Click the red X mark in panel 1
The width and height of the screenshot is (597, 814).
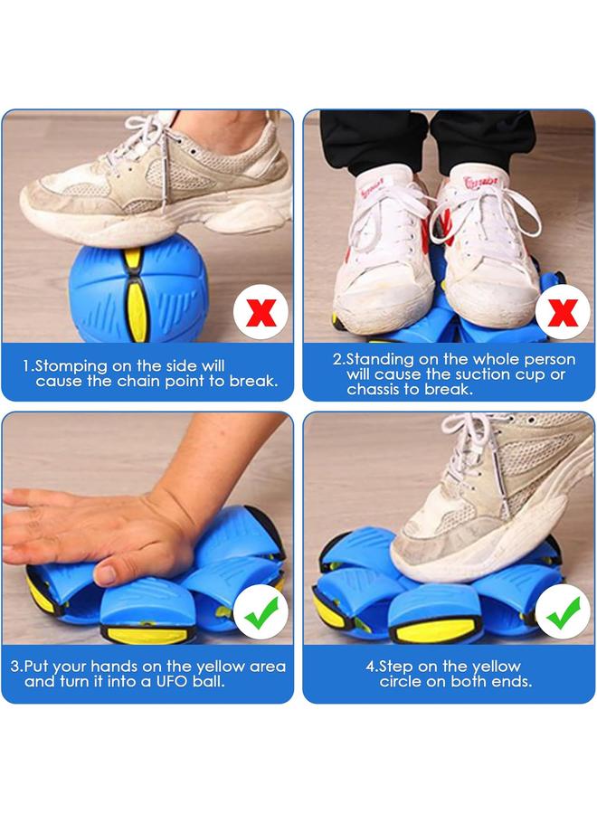(x=261, y=312)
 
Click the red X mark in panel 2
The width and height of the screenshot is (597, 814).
(x=563, y=312)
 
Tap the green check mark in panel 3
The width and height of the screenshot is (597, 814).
(x=261, y=612)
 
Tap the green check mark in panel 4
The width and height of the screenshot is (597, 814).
(x=563, y=612)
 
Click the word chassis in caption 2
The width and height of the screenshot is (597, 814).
(x=373, y=389)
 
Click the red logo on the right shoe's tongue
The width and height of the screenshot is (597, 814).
(x=480, y=182)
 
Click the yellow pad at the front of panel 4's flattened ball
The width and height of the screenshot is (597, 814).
(x=434, y=629)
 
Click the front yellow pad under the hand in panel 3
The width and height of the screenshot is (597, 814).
(x=147, y=634)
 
